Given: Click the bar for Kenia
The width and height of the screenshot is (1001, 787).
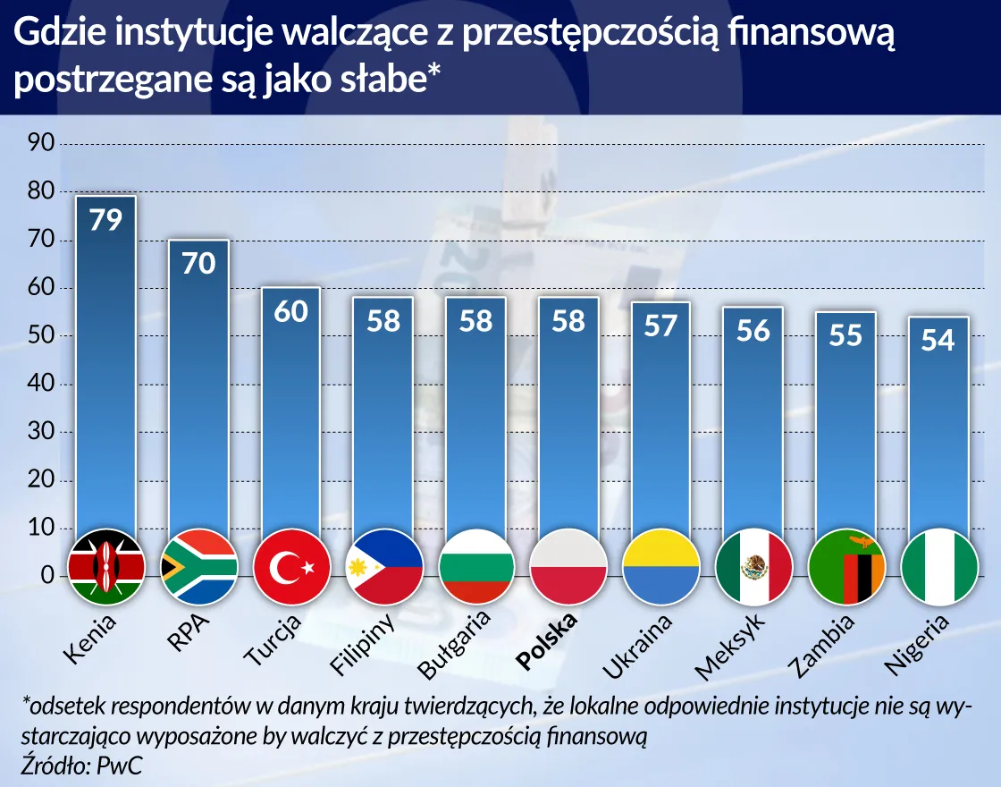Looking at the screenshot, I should tap(105, 376).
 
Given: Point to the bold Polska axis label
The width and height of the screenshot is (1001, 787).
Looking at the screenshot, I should tap(549, 641).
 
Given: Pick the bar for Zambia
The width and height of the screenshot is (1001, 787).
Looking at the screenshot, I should tap(845, 429).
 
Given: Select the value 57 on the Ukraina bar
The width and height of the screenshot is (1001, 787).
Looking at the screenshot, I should tap(660, 326).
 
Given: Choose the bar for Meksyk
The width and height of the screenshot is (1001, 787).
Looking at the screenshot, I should tap(753, 429).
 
